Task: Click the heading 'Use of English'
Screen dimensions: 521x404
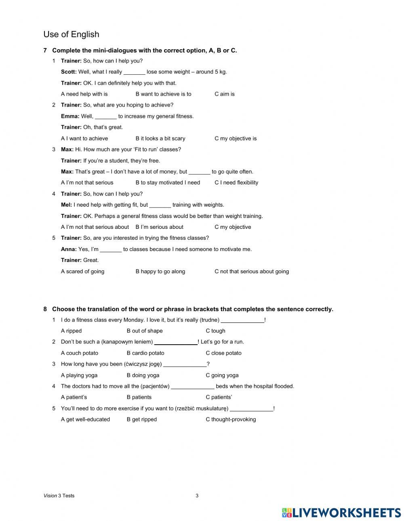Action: coord(71,34)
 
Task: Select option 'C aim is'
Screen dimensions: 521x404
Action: coord(224,94)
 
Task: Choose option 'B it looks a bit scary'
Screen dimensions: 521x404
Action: coord(160,138)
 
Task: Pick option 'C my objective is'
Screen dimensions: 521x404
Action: coord(235,138)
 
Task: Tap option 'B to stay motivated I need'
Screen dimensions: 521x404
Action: coord(168,182)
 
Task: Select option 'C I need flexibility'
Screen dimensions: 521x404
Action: coord(236,182)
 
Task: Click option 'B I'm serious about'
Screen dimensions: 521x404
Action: coord(159,227)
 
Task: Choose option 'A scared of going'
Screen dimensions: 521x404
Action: coord(82,271)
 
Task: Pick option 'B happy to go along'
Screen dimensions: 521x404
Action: coord(160,271)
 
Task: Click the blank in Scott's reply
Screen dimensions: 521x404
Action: coord(134,72)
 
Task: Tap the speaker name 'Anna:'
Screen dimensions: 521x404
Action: coord(69,249)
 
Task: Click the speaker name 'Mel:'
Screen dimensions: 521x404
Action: coord(66,205)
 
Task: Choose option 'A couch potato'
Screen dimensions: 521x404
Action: coord(79,353)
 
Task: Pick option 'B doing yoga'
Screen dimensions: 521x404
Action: coord(143,375)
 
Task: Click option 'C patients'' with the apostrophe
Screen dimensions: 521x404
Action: coord(219,397)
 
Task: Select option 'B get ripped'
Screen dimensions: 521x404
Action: coord(141,419)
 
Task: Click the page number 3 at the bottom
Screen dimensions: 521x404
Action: coord(197,496)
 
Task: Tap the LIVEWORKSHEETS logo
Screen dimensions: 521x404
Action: coord(341,512)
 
